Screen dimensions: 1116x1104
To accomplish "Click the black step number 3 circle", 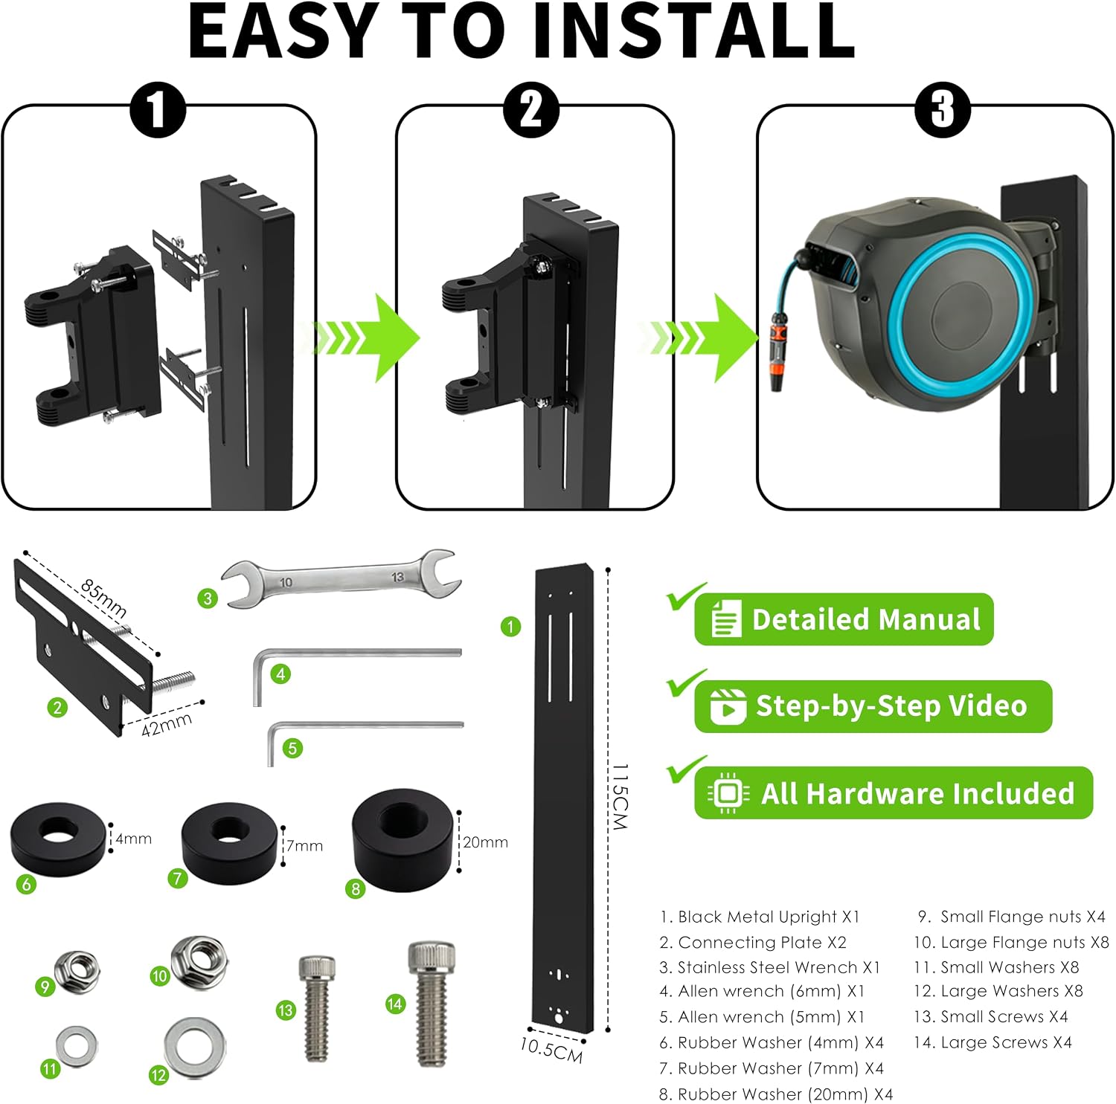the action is tap(943, 110).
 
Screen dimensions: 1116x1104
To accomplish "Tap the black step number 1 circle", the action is tap(158, 110).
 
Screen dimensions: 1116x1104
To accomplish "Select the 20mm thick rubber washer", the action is tap(403, 838).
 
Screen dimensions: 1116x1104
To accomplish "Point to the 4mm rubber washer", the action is tap(58, 839).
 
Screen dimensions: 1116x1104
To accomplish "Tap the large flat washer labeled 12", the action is tap(195, 1047).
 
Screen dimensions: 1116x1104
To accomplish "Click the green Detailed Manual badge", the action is tap(844, 619).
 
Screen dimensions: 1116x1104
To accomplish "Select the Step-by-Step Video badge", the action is tap(873, 706).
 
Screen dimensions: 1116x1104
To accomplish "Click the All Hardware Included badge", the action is tap(894, 793).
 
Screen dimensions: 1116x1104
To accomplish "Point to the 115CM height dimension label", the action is tap(620, 796).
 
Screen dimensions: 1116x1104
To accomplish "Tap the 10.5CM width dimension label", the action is tap(551, 1049).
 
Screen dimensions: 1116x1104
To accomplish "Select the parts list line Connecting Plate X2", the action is tap(753, 942).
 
